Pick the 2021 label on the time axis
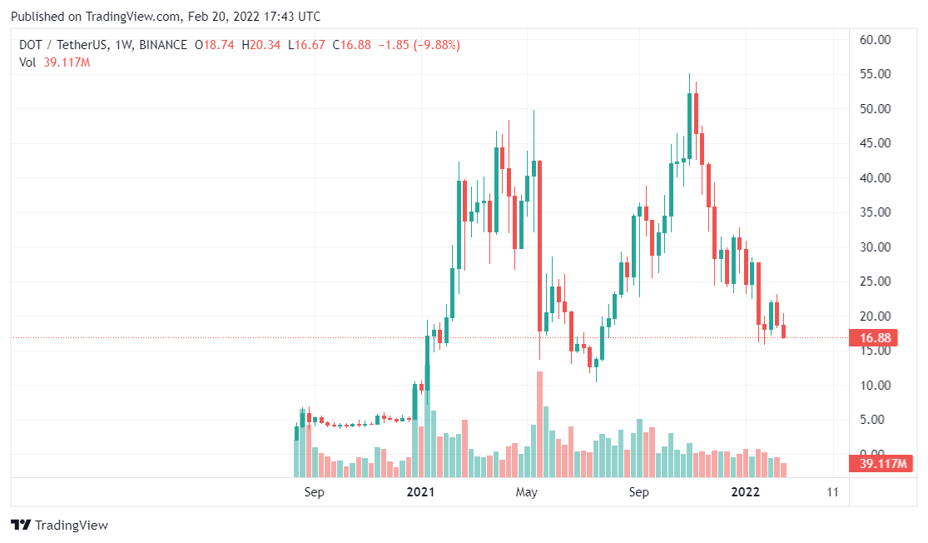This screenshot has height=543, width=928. click(x=420, y=492)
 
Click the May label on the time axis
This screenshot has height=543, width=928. click(x=526, y=492)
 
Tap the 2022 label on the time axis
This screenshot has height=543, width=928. click(x=745, y=492)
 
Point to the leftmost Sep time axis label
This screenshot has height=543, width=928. click(x=314, y=492)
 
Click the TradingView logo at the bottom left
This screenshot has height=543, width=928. click(x=59, y=526)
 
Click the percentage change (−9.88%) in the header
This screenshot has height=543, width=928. click(x=431, y=44)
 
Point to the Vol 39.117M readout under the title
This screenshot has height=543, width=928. click(x=54, y=62)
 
